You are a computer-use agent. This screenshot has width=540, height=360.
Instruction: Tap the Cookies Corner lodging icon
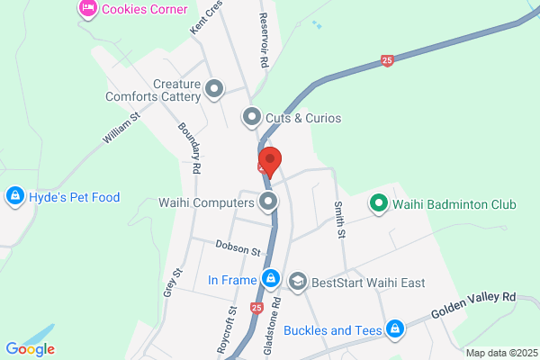pyautogui.click(x=87, y=10)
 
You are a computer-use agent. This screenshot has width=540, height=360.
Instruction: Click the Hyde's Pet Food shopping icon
pyautogui.click(x=14, y=196)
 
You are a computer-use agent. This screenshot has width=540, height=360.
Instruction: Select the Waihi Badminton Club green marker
pyautogui.click(x=379, y=204)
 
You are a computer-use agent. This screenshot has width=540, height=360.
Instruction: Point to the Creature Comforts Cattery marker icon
pyautogui.click(x=214, y=88)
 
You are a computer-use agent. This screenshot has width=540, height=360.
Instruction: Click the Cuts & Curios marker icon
pyautogui.click(x=252, y=117)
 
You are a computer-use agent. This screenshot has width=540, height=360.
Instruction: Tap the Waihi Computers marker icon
pyautogui.click(x=268, y=201)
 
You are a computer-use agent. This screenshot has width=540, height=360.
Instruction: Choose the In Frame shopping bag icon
pyautogui.click(x=270, y=280)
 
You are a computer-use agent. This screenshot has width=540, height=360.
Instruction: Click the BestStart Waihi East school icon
pyautogui.click(x=296, y=282)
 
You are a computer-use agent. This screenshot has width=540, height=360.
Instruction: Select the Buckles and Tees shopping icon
pyautogui.click(x=393, y=329)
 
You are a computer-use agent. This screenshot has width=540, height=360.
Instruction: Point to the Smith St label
pyautogui.click(x=340, y=220)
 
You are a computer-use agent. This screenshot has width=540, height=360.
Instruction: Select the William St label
pyautogui.click(x=121, y=128)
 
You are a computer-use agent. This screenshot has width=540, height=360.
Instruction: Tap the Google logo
pyautogui.click(x=30, y=349)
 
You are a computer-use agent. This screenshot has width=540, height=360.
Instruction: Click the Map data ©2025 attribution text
pyautogui.click(x=500, y=352)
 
